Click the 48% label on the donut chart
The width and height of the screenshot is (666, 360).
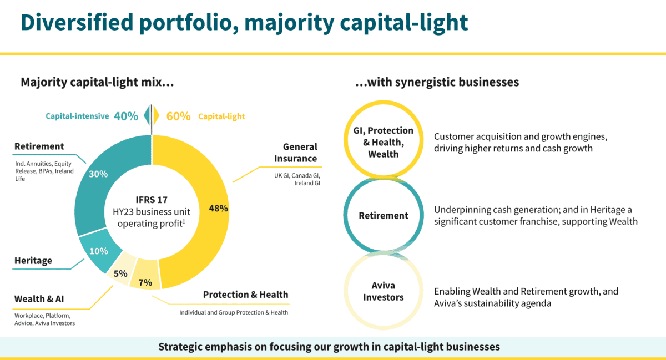tap(218, 209)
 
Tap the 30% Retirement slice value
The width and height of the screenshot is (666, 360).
tap(98, 174)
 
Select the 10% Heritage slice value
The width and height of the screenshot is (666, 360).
tap(98, 251)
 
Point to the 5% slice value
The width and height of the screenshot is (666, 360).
tap(120, 273)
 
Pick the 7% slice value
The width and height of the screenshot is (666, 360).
tap(145, 282)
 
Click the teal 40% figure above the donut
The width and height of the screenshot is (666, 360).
tap(126, 116)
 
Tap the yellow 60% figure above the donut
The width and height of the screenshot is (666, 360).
tap(178, 116)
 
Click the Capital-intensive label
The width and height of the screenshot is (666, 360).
tap(77, 116)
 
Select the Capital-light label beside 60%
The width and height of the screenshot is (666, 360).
tap(221, 116)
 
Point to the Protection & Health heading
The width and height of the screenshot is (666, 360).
tap(245, 295)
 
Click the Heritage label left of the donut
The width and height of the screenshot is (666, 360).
tap(33, 260)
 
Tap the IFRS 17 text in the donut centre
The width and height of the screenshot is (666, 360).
tap(152, 198)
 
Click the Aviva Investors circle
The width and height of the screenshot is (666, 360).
tap(383, 291)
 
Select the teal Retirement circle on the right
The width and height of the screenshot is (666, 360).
tap(383, 216)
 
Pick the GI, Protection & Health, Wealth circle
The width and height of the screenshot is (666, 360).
tap(383, 142)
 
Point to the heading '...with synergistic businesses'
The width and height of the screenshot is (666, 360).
tap(437, 82)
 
